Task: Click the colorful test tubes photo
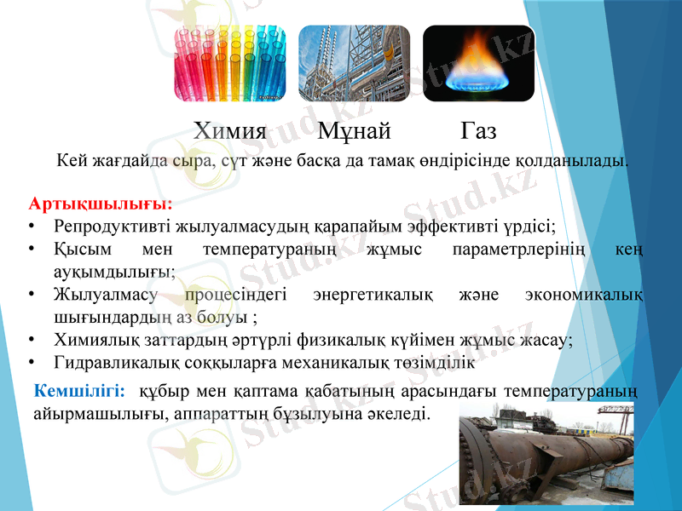[x=230, y=64]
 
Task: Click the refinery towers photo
[x=354, y=64]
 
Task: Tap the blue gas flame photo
[x=478, y=64]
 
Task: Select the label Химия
[x=230, y=131]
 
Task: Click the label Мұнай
[x=355, y=131]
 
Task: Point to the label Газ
[x=479, y=131]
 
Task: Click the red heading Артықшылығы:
[x=101, y=205]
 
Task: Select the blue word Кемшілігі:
[x=80, y=392]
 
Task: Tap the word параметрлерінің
[x=510, y=251]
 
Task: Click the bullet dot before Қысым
[x=31, y=251]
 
